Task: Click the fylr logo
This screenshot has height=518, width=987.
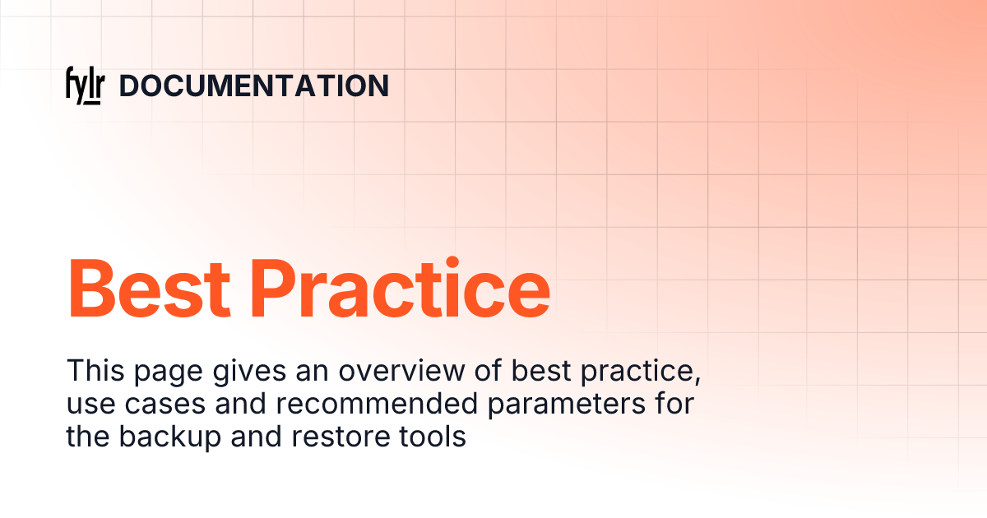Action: point(83,86)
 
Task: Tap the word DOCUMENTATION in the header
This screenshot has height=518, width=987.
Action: point(254,86)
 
